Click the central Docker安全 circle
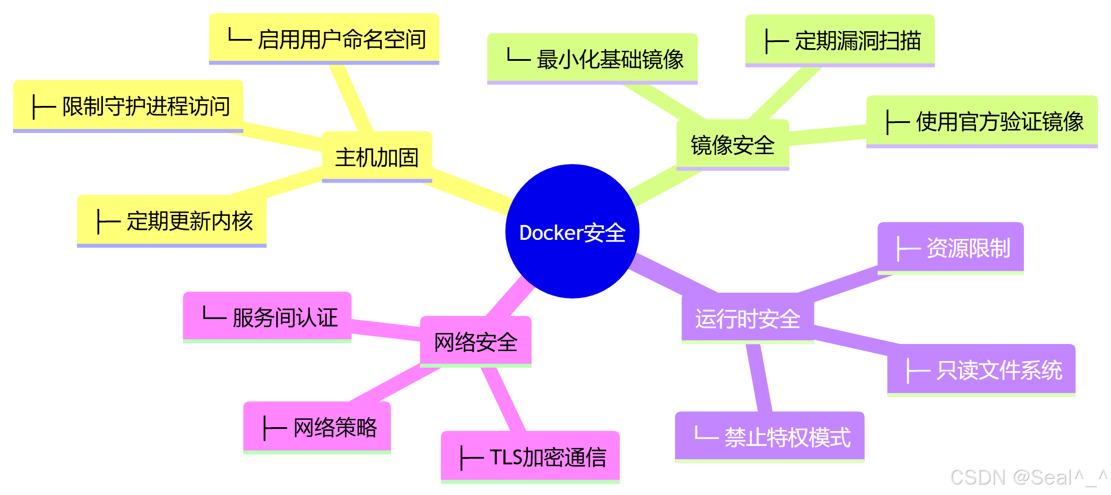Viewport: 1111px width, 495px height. (572, 232)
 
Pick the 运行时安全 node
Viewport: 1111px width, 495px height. (748, 318)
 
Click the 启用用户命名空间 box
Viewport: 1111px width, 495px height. (324, 39)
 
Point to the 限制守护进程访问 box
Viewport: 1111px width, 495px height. (128, 106)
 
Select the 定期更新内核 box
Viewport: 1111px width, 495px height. (172, 221)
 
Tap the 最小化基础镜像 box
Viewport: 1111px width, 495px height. (592, 59)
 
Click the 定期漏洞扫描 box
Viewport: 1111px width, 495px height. (840, 40)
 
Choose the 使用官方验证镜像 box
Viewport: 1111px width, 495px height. (982, 121)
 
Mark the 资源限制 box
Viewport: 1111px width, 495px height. (950, 248)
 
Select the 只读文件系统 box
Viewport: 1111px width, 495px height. (981, 370)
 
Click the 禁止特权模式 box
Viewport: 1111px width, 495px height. (769, 436)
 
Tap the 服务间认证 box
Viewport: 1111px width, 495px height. (267, 317)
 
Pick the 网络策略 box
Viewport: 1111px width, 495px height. (317, 427)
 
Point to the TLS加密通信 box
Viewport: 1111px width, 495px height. (530, 457)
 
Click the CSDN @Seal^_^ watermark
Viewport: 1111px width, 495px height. (1028, 477)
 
